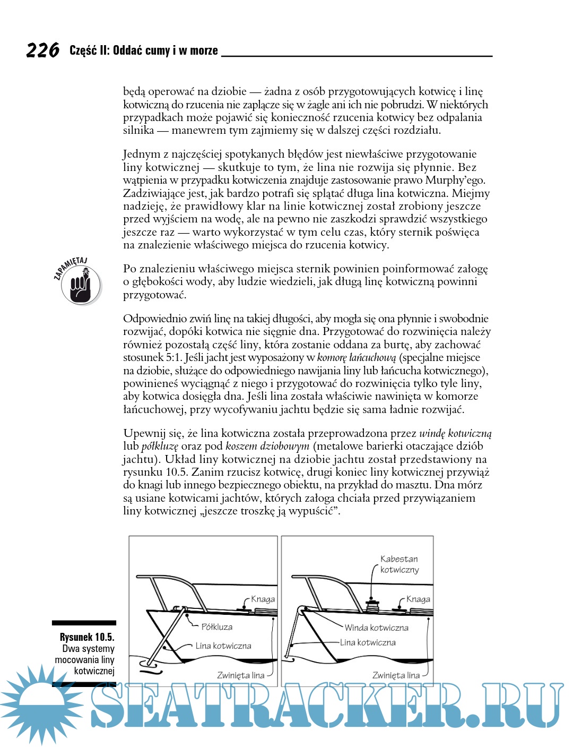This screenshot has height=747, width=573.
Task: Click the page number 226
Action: click(42, 50)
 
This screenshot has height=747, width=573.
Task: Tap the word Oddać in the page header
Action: click(127, 50)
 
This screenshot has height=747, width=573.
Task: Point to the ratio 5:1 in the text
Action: click(174, 357)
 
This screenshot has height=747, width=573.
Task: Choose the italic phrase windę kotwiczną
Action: click(455, 433)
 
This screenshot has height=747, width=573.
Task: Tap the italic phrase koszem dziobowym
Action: click(267, 446)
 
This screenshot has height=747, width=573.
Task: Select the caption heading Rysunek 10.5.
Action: click(87, 637)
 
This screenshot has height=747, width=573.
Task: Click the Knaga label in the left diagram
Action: click(263, 599)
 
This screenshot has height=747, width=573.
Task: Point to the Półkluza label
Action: click(217, 627)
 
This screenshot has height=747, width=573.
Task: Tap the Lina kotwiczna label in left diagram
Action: click(223, 646)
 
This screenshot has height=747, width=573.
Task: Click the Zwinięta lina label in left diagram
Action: click(240, 675)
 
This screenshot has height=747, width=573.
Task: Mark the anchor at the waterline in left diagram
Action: click(148, 664)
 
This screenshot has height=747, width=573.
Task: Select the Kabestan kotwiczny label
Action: click(400, 564)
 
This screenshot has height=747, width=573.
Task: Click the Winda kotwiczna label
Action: click(377, 628)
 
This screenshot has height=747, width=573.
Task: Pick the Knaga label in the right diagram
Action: click(418, 599)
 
